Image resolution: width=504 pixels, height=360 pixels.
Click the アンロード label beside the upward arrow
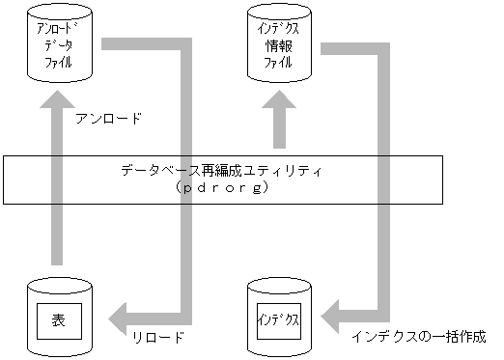[107, 121]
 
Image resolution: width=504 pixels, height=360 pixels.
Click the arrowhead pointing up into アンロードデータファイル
[55, 98]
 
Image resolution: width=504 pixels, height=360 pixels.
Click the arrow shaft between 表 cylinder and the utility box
[56, 236]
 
